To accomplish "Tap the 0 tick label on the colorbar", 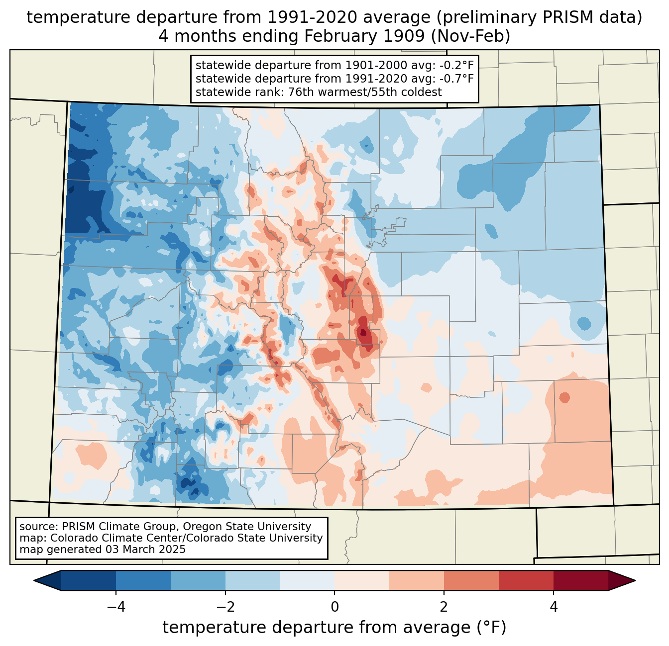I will coord(334,607).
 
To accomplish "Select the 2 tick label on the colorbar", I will coord(444,607).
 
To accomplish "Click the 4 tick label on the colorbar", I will coord(554,607).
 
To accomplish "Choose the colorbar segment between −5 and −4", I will coord(89,580).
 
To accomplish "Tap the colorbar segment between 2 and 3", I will coord(471,580).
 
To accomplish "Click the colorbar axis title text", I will coord(334,628).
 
